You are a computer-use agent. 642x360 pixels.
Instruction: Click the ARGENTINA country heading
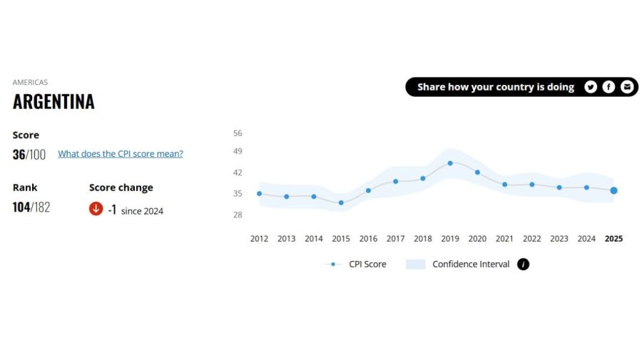(x=53, y=102)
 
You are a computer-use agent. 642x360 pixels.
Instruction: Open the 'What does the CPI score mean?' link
(x=120, y=153)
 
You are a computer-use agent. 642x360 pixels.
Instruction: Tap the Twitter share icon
(x=591, y=87)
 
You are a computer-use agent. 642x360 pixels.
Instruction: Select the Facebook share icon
(x=608, y=87)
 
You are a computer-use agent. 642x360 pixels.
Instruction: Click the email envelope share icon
(x=627, y=87)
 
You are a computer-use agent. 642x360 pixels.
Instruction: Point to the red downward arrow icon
(x=96, y=209)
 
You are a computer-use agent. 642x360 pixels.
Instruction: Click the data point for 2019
(x=450, y=163)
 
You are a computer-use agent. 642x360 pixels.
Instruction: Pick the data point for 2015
(x=341, y=202)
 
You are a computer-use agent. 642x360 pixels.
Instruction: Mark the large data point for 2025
(x=613, y=190)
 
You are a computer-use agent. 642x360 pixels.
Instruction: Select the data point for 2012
(x=259, y=193)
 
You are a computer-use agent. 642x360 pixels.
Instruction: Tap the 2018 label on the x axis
(x=422, y=239)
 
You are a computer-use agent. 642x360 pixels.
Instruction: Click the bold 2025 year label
(x=613, y=239)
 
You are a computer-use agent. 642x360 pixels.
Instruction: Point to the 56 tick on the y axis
(x=238, y=133)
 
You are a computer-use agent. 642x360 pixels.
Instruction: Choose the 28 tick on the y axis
(x=238, y=215)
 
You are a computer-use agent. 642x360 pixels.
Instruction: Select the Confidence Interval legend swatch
(x=415, y=264)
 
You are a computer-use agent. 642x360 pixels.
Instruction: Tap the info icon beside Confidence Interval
(x=523, y=264)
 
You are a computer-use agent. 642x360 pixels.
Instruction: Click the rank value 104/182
(x=31, y=207)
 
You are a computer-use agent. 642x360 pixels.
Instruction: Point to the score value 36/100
(x=29, y=155)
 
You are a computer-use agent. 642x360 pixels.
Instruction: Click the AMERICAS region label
(x=30, y=83)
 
